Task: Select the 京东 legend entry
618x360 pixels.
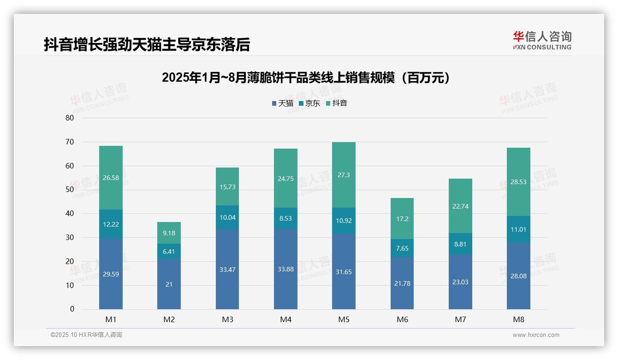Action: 309,103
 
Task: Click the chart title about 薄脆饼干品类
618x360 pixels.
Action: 306,78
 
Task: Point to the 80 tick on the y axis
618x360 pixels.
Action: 70,118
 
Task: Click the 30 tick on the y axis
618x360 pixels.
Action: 70,237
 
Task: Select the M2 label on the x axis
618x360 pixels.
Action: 169,319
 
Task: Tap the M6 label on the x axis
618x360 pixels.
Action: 402,319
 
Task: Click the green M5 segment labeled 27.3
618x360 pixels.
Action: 344,175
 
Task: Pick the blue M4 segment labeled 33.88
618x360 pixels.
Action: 285,269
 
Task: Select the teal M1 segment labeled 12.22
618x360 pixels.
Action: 111,224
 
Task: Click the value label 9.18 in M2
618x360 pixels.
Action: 169,233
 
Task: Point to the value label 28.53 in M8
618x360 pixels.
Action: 518,182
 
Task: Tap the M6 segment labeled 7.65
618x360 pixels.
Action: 402,248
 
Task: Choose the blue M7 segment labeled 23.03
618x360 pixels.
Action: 460,282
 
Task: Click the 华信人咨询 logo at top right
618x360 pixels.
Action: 542,40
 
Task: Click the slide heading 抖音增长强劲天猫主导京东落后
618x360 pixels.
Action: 147,45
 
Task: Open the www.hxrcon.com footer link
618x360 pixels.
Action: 536,335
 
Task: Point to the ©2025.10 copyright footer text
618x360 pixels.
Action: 86,335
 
